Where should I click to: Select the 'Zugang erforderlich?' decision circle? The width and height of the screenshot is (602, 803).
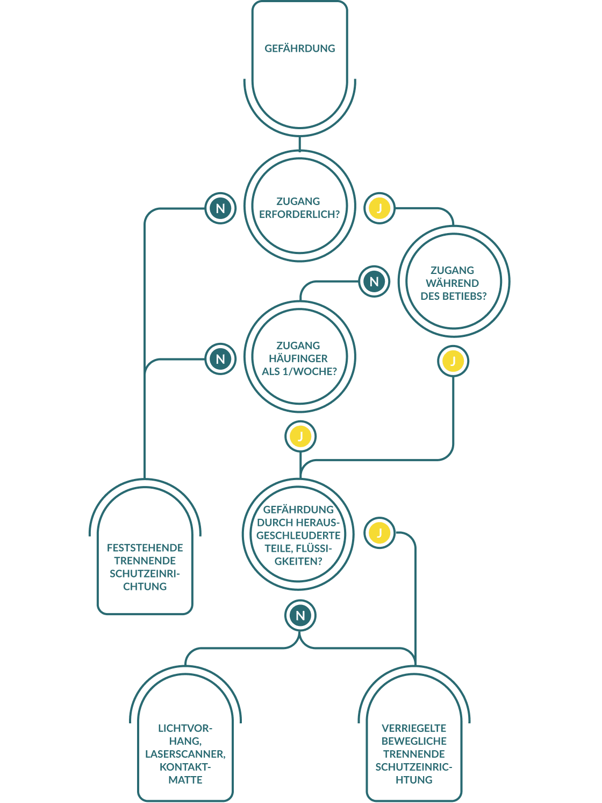299,207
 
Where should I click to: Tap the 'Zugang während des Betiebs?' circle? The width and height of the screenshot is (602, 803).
454,282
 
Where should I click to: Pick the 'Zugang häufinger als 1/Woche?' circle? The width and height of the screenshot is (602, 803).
299,357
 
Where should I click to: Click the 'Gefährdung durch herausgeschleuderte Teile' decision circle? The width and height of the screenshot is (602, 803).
298,535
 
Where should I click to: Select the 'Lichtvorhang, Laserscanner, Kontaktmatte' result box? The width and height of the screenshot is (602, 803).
185,748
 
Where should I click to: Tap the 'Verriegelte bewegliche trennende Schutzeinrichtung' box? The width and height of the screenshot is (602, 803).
414,748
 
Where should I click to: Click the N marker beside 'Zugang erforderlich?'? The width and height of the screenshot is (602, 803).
220,208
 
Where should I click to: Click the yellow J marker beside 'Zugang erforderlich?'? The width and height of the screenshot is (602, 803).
379,208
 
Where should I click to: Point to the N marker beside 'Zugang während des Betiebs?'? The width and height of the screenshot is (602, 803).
374,281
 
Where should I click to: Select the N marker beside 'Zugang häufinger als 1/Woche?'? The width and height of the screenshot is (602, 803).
220,359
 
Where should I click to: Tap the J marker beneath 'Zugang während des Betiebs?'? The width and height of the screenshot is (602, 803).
453,361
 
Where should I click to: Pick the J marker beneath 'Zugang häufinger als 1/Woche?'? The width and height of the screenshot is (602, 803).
300,436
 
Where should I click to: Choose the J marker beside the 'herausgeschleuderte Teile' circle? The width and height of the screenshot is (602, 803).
379,533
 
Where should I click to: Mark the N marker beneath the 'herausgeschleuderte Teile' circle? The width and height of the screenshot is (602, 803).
300,616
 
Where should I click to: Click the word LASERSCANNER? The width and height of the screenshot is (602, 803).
185,754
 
